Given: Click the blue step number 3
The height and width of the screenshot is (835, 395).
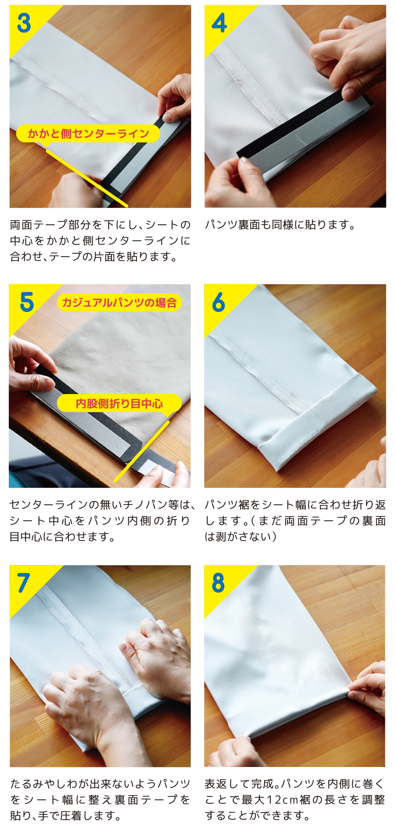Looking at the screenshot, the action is click(x=24, y=23).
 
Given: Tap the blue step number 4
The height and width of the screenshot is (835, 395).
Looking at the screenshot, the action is click(x=219, y=23).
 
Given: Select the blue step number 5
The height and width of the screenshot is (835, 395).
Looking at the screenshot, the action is click(x=27, y=302).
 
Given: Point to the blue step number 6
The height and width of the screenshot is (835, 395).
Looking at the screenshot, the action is click(x=219, y=302).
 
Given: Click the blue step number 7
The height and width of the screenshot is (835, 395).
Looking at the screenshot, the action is click(x=24, y=583).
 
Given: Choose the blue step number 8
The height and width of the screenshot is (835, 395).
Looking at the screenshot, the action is click(x=218, y=583).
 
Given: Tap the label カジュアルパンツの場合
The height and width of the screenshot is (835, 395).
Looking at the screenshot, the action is click(x=119, y=302).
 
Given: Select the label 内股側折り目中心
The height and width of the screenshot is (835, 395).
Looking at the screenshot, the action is click(x=119, y=403).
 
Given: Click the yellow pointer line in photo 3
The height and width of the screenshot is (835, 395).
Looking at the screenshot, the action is click(x=86, y=178).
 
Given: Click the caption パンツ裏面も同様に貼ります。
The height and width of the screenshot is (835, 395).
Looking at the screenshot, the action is click(x=280, y=225).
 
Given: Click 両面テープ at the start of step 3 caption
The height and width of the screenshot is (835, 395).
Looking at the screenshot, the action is click(x=34, y=225).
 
